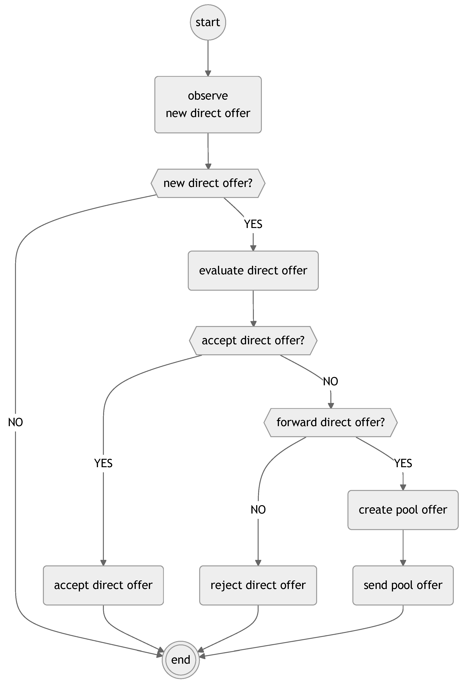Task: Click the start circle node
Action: [208, 22]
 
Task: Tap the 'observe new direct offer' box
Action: [208, 105]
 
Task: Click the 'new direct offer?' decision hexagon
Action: [208, 183]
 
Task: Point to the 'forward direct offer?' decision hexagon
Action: [330, 422]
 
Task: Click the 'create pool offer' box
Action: [403, 510]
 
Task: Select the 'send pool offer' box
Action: [403, 585]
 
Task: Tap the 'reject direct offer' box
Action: [258, 585]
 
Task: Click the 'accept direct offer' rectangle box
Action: [103, 585]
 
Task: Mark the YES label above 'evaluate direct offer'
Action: [253, 224]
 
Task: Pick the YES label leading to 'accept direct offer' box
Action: [103, 463]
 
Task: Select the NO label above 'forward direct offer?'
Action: [330, 381]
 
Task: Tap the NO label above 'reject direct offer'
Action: [258, 510]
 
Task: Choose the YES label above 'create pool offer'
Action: [403, 463]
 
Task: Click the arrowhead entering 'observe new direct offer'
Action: [208, 74]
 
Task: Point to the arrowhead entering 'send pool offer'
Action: [403, 563]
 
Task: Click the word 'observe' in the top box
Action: [208, 96]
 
